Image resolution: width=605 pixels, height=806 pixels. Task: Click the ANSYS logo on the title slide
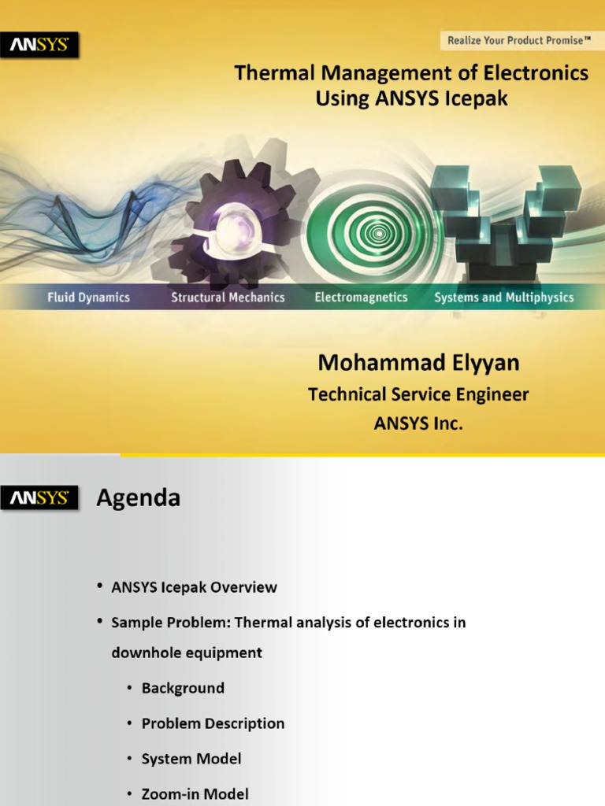tap(39, 45)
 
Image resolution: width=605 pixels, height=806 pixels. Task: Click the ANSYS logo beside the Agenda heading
tap(39, 497)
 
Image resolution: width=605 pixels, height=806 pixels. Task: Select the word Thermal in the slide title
tap(274, 72)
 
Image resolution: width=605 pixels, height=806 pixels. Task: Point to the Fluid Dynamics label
tap(88, 297)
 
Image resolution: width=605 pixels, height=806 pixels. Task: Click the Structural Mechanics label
tap(228, 297)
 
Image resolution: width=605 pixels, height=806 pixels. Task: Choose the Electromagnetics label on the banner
tap(361, 297)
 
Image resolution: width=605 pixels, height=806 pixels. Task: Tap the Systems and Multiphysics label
tap(503, 298)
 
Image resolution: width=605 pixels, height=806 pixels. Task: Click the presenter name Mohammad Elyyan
tap(419, 363)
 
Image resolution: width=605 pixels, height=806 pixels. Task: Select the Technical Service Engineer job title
tap(418, 394)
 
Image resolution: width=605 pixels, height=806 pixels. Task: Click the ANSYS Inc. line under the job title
tap(418, 423)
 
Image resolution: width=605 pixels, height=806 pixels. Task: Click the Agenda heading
tap(139, 498)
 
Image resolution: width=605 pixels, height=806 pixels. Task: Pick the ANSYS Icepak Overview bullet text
tap(194, 587)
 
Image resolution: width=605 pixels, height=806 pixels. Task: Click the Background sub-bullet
tap(183, 688)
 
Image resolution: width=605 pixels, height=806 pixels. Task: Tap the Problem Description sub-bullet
tap(213, 723)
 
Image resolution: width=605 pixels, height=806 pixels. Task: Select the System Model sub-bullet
tap(191, 759)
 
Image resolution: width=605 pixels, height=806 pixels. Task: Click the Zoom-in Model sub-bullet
tap(195, 793)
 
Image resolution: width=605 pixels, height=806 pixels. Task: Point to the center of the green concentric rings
tap(380, 233)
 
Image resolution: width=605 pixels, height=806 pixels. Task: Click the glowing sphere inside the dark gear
tap(232, 225)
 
